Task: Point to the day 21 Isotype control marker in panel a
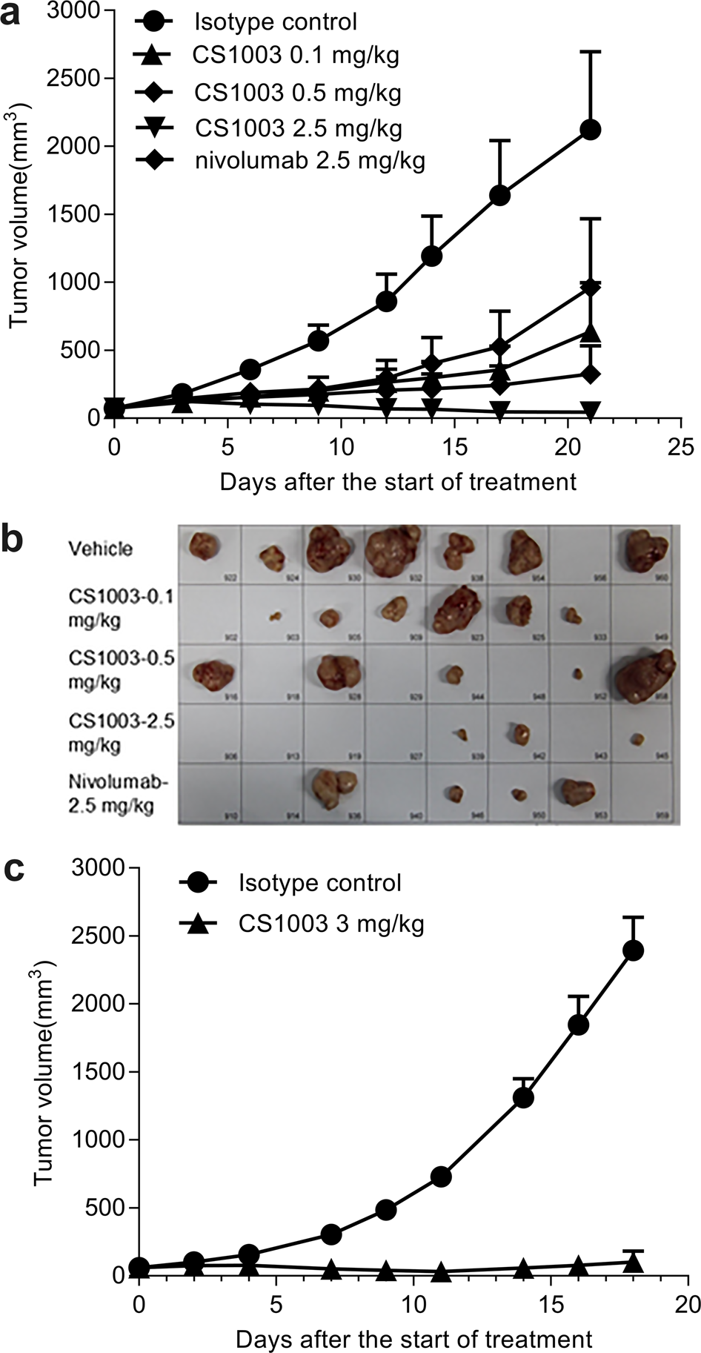(590, 130)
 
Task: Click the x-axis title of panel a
(397, 482)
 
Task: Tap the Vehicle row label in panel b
(101, 549)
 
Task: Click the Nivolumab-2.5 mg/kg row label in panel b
(111, 794)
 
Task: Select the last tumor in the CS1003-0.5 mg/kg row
(643, 673)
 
